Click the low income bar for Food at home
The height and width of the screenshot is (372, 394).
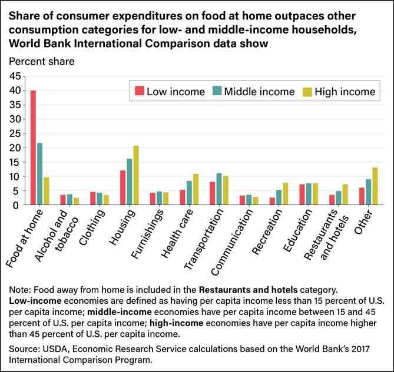(x=33, y=148)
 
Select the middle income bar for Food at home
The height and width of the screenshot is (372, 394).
(x=39, y=174)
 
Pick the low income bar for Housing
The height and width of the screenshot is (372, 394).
(x=122, y=187)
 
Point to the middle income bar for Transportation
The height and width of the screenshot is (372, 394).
(x=218, y=189)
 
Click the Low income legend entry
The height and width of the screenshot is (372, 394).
(x=170, y=91)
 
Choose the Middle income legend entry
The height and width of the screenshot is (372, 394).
(x=253, y=91)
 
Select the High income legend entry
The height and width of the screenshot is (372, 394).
(x=338, y=91)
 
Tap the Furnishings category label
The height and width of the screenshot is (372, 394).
(x=145, y=236)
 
